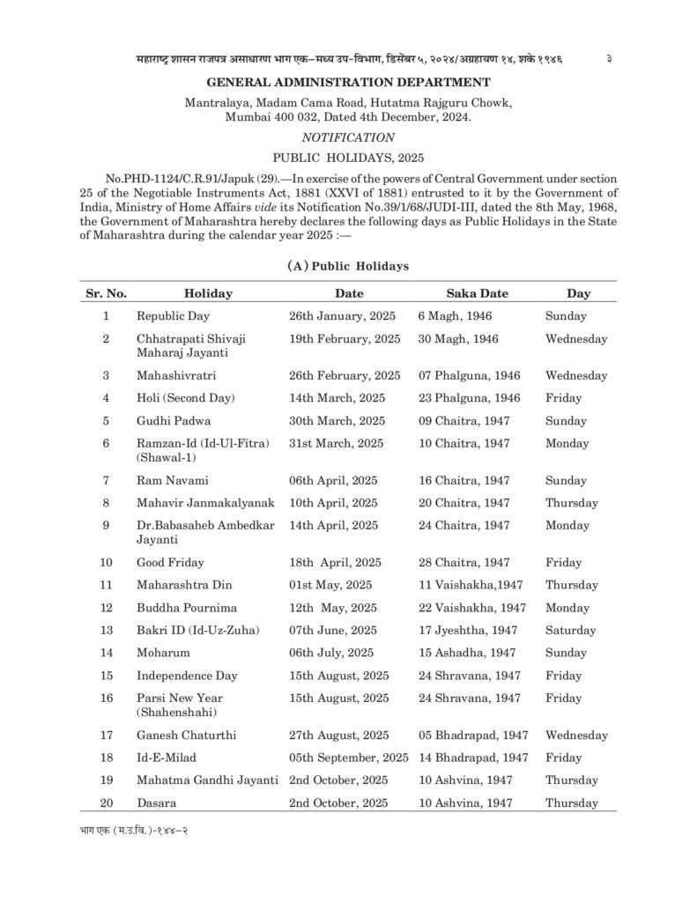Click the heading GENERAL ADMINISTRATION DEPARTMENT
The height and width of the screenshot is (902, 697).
pos(348,83)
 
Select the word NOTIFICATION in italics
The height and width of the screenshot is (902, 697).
pos(348,137)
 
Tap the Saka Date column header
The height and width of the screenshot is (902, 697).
pos(477,293)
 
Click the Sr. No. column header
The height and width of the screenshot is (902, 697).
pos(107,293)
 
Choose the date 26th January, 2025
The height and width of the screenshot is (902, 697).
pos(342,315)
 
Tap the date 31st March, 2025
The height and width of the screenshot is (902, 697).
pos(337,444)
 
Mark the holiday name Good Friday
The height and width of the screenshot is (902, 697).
pos(169,562)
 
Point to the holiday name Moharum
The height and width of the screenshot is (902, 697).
pos(165,653)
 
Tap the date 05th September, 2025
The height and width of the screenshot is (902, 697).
pos(348,758)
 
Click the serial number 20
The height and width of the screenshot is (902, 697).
pos(107,802)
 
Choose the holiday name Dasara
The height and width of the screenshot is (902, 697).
pos(156,802)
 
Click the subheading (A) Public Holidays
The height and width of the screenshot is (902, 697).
pos(348,265)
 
